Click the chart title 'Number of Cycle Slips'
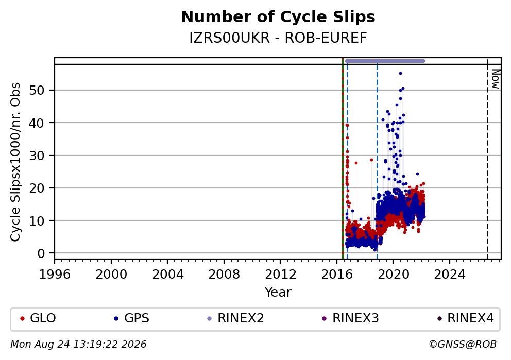(x=278, y=17)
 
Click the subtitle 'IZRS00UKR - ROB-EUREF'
(x=278, y=38)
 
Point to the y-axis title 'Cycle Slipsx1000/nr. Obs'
(x=15, y=162)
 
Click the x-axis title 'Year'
(x=278, y=292)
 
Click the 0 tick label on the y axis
(x=41, y=253)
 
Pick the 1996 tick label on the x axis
(x=55, y=275)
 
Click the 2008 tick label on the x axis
(x=224, y=275)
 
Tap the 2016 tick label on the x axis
(x=337, y=275)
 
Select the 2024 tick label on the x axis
(x=449, y=275)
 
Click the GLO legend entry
(x=38, y=318)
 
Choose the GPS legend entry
(x=132, y=318)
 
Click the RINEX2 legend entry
(x=235, y=318)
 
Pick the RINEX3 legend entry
(x=351, y=318)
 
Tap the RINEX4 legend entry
(x=466, y=318)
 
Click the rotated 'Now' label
(x=495, y=79)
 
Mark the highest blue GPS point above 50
(x=401, y=74)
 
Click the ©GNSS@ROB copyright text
(x=463, y=345)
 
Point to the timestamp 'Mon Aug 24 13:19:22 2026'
(x=78, y=345)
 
